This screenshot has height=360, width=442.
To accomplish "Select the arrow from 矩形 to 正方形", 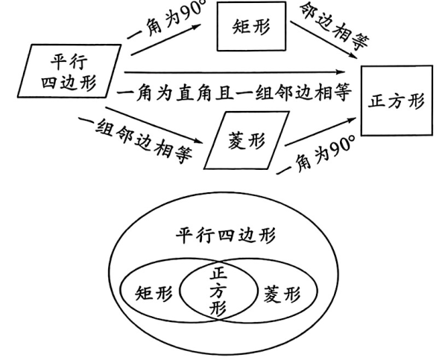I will pos(321,46).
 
